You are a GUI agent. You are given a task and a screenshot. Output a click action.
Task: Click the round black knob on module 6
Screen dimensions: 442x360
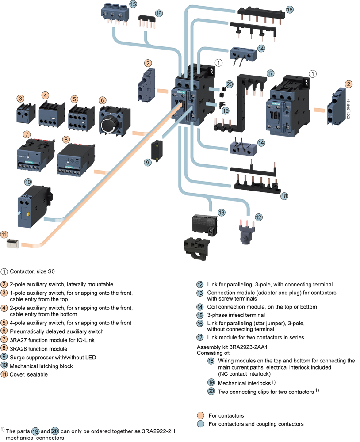[x=108, y=126]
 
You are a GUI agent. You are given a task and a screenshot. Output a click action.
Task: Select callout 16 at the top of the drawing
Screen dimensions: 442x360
[x=159, y=14]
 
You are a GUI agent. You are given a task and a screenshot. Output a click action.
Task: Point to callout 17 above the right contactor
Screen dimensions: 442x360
[x=270, y=74]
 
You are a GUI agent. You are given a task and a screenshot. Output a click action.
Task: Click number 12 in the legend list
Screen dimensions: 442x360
[x=200, y=285]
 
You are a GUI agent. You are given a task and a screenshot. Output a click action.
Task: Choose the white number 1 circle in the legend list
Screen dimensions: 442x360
[x=4, y=272]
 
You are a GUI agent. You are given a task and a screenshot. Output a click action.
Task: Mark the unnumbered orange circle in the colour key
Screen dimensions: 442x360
[x=200, y=415]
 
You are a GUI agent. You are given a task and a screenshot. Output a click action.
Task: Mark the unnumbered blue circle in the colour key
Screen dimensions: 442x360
[x=200, y=424]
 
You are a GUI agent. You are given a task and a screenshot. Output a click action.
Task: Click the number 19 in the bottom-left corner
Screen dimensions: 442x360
[x=35, y=431]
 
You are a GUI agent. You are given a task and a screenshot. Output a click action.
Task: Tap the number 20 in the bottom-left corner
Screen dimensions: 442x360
[x=55, y=431]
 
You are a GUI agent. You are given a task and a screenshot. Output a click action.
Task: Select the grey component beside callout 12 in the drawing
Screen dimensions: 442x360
[x=243, y=232]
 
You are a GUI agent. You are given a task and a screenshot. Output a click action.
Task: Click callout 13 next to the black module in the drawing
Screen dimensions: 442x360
[x=221, y=213]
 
